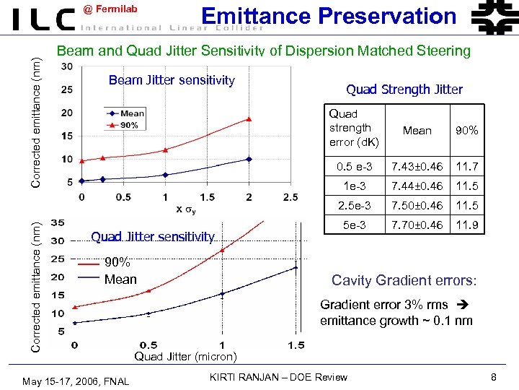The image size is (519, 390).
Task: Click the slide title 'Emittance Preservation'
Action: point(328,16)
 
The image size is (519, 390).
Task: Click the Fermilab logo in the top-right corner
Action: point(493,17)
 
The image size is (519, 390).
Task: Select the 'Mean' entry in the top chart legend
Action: point(132,113)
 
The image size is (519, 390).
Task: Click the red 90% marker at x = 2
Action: point(249,119)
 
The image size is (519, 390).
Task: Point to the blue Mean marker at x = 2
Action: point(249,159)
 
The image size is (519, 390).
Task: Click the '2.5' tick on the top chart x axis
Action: point(290,197)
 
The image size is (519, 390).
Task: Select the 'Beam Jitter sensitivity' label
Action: point(172,80)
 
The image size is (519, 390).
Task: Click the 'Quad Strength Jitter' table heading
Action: point(404,90)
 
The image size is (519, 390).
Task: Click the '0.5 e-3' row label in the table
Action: point(354,167)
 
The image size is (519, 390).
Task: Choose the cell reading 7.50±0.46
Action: point(417,206)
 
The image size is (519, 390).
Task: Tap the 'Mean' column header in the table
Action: point(417,131)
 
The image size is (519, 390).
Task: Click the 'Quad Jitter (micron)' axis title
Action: point(186,356)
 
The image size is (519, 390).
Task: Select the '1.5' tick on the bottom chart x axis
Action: point(296,345)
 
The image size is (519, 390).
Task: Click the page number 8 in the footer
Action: point(494,377)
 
